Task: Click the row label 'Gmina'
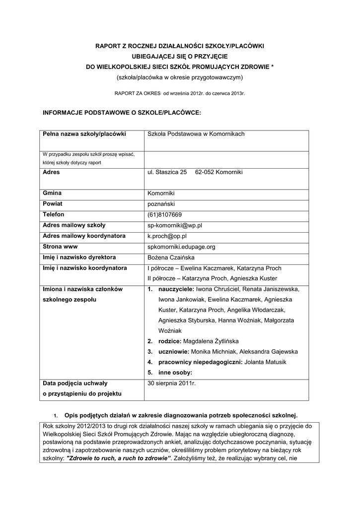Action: click(52, 193)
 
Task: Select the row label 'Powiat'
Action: click(53, 203)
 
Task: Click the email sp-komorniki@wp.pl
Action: click(175, 225)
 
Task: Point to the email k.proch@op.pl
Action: click(167, 236)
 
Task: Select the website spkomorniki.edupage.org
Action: click(182, 247)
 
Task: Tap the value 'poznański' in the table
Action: click(162, 203)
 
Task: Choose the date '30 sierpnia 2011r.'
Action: click(172, 383)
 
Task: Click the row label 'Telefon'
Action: click(54, 214)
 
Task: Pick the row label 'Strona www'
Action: click(60, 247)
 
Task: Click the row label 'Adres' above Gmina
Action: click(51, 172)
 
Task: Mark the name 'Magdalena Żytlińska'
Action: click(211, 341)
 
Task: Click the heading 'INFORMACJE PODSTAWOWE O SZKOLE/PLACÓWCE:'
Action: click(122, 113)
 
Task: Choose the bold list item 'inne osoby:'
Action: click(175, 372)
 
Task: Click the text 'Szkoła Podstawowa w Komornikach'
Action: click(196, 134)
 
